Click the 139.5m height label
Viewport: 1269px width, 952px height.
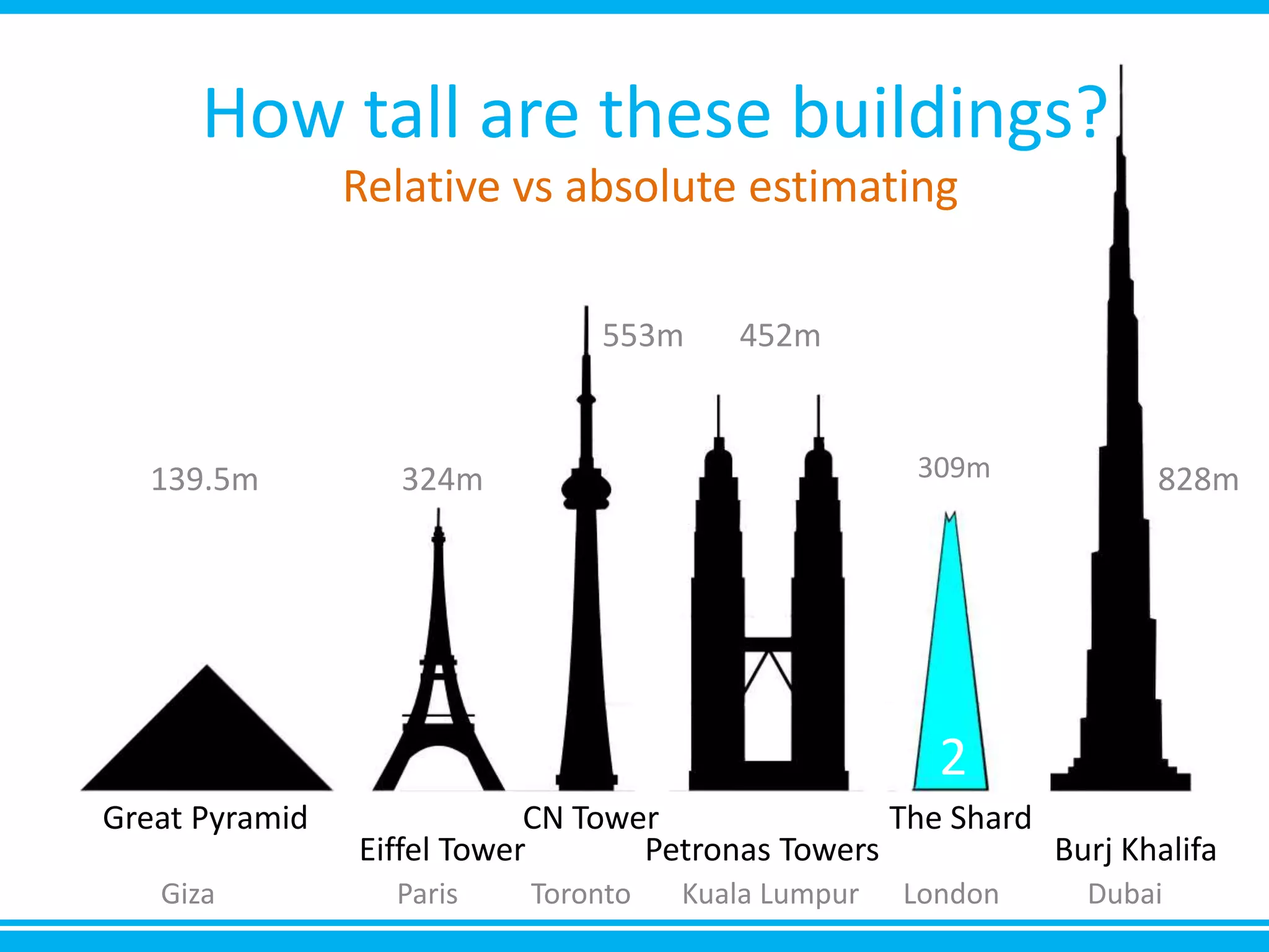(204, 480)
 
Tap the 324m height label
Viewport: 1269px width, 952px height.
(442, 480)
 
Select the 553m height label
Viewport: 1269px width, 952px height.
(643, 336)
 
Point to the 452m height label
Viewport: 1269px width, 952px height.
(779, 336)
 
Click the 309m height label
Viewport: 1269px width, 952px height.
(954, 468)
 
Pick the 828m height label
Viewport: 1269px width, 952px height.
(1198, 480)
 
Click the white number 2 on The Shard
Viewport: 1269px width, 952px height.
(952, 757)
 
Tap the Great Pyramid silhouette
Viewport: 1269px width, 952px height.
(207, 744)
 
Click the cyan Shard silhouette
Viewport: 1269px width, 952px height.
(950, 651)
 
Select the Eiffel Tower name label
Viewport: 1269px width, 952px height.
(442, 849)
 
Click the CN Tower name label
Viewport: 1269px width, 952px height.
(591, 818)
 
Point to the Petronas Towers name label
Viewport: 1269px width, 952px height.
(762, 849)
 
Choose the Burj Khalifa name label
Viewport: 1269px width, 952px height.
(1135, 849)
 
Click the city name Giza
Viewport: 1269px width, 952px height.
(188, 894)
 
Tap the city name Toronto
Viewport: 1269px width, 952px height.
(581, 894)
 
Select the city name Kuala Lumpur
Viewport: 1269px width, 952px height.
(770, 894)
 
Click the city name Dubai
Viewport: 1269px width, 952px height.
(1125, 894)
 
